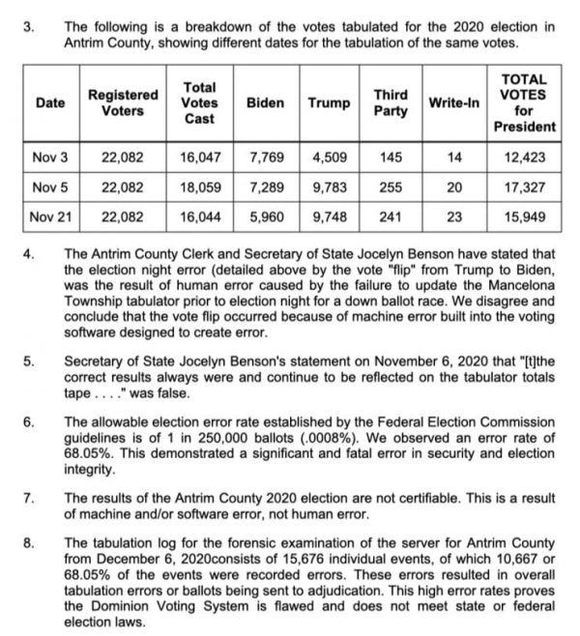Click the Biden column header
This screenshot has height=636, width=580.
[265, 101]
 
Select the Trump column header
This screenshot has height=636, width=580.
[330, 101]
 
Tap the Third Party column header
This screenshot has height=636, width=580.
[390, 101]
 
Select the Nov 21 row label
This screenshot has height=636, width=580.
[47, 217]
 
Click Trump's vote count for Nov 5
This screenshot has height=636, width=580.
[330, 187]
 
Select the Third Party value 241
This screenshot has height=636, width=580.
[390, 217]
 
